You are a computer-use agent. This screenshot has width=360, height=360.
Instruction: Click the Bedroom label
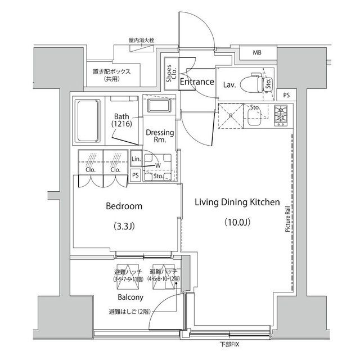pos(124,206)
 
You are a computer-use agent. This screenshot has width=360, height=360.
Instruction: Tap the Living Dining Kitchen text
pos(237,202)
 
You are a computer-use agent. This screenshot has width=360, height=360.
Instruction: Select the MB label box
pos(256,53)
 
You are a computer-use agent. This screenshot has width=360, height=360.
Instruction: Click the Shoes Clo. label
pos(170,78)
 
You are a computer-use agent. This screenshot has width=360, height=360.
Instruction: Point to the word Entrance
pos(197,82)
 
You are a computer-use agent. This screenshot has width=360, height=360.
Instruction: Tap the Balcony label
pos(130,297)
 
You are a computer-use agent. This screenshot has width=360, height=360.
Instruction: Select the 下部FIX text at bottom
pos(229,344)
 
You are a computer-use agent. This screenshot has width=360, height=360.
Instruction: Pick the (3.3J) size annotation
pos(124,227)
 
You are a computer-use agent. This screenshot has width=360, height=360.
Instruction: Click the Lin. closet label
pos(136,160)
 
